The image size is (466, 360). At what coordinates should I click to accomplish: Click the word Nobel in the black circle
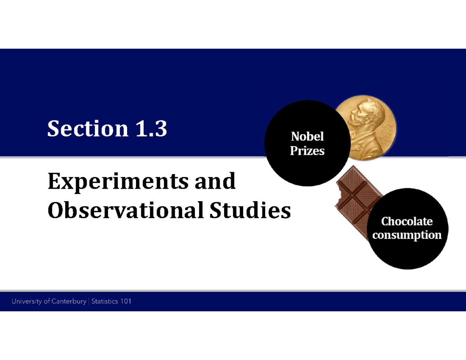tap(307, 137)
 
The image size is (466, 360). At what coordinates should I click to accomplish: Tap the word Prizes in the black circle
tap(307, 151)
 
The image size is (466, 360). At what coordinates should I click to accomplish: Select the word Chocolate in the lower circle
tap(407, 221)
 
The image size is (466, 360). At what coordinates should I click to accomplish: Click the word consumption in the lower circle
tap(407, 235)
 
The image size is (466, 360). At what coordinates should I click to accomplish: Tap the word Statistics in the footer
tap(106, 301)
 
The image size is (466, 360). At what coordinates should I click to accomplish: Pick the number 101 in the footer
tap(126, 301)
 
